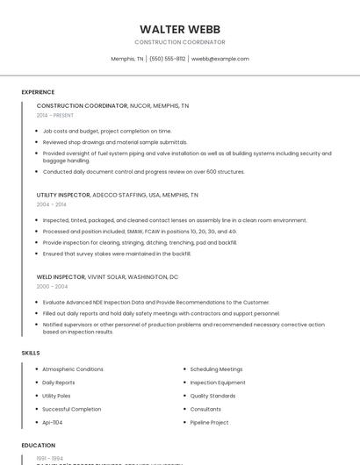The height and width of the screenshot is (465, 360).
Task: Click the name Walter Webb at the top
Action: coord(180,29)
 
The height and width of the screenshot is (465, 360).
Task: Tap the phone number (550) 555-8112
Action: coord(167,59)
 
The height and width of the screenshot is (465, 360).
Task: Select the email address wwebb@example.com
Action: coord(220,59)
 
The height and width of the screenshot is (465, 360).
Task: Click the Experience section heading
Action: coord(38,92)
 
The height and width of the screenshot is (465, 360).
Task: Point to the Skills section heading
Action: coord(31,353)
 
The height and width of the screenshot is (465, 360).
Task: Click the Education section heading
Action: coord(38,445)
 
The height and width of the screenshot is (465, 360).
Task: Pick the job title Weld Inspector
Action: coord(61,276)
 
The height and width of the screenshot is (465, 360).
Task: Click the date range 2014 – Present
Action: coord(55,115)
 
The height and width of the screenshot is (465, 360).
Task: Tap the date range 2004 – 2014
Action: coord(51,204)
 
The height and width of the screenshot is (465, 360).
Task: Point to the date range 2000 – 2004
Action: coord(51,286)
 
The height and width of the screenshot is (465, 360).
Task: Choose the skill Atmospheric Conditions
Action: coord(73,369)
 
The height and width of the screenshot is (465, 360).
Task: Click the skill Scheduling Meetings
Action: coord(216,369)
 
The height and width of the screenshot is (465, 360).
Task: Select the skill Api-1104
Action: coord(53,422)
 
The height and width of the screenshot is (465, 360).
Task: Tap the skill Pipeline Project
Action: coord(209,422)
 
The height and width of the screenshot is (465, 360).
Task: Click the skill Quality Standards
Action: coord(212,396)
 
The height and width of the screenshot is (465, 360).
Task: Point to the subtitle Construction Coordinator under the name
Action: coord(180,42)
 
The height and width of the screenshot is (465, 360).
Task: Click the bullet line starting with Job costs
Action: coord(107,131)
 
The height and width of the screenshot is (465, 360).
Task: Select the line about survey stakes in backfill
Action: coord(117,254)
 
